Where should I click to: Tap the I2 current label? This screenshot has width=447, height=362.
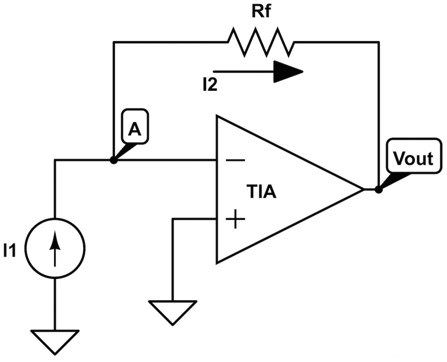[x=209, y=84]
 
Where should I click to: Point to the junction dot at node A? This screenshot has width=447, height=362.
[x=114, y=160]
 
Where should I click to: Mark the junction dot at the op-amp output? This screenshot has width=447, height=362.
[x=379, y=189]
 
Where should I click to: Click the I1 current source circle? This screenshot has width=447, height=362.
[x=55, y=247]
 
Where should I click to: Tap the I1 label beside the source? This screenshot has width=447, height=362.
[x=10, y=251]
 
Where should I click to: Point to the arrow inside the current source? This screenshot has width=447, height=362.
[x=55, y=249]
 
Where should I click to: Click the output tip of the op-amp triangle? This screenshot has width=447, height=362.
[x=362, y=189]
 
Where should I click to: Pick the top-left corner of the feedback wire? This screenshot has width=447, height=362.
[x=114, y=42]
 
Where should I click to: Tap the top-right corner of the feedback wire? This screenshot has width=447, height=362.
[x=379, y=42]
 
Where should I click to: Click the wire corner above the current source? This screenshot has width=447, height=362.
[x=55, y=160]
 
